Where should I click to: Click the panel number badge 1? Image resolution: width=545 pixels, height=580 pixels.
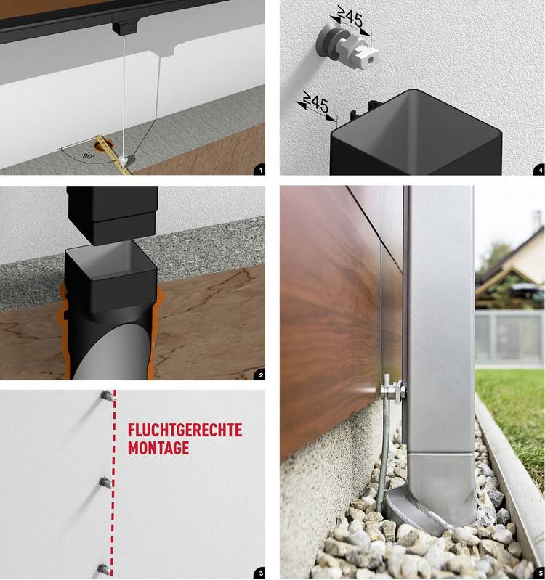[260, 170]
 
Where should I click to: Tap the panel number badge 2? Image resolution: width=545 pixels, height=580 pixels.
[261, 375]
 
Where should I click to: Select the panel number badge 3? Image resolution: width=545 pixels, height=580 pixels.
[260, 573]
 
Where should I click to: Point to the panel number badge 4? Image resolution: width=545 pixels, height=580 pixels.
[540, 170]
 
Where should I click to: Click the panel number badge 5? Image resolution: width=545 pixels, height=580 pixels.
[540, 573]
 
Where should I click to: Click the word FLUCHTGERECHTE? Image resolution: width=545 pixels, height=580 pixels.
[185, 430]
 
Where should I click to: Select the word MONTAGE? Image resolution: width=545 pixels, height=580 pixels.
[158, 448]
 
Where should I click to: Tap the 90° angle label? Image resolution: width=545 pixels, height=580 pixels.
[89, 156]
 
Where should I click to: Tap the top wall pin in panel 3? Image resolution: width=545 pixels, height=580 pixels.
[107, 396]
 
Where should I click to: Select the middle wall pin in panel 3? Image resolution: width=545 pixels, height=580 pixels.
[105, 482]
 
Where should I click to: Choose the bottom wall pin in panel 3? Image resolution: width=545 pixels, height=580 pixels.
[104, 568]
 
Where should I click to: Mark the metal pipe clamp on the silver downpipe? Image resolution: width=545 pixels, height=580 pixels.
[394, 391]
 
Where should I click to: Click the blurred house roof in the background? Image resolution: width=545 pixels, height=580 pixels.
[511, 259]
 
